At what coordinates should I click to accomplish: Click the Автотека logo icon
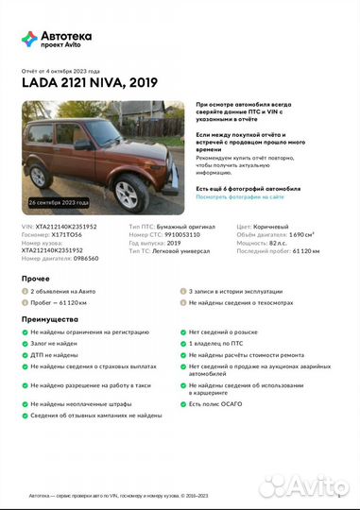coord(29,38)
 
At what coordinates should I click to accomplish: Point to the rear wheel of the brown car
coord(40,176)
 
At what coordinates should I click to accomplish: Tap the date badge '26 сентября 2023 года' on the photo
coord(59,203)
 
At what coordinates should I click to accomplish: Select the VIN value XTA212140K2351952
coord(65,227)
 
